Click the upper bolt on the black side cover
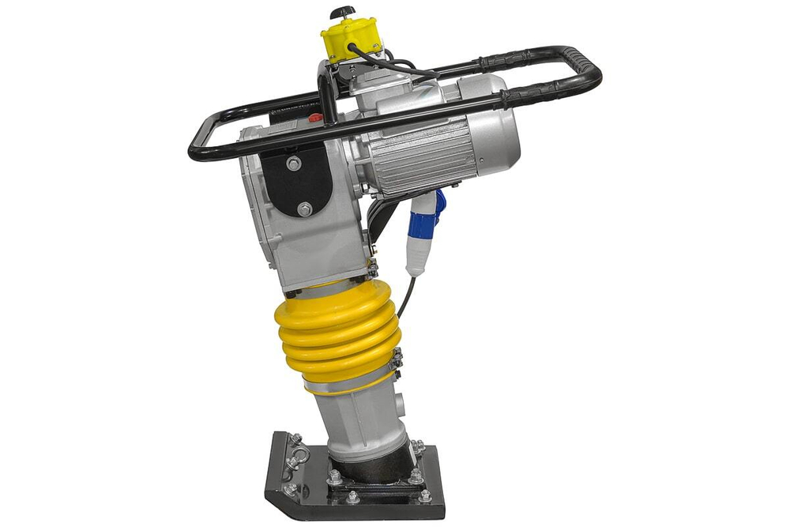tap(294, 164)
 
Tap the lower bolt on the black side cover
tap(304, 209)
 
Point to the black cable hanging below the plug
tap(404, 296)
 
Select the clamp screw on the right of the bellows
tap(397, 359)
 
